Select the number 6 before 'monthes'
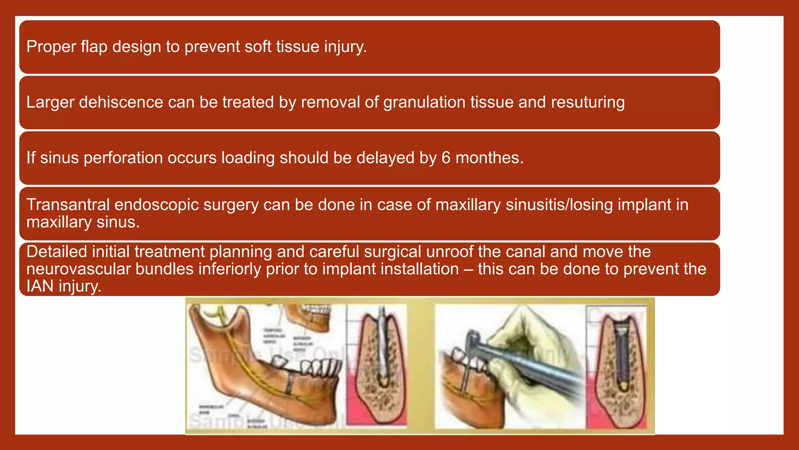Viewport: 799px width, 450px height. tap(446, 158)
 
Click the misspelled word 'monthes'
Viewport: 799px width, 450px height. tap(489, 158)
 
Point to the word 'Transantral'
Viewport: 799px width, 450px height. tap(67, 205)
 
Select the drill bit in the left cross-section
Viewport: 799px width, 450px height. tap(382, 348)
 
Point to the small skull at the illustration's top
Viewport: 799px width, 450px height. tap(308, 316)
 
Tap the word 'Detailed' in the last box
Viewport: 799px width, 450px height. tap(57, 252)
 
